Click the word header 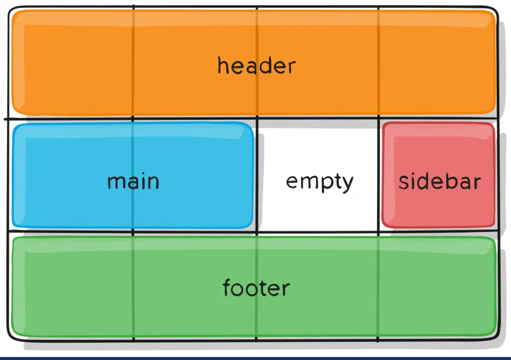pos(256,65)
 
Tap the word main pos(133,181)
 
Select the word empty pos(320,181)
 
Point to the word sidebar pos(439,181)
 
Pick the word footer pos(256,288)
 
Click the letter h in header pos(222,65)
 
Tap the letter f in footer pos(226,288)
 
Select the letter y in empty pos(348,184)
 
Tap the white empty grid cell pos(318,148)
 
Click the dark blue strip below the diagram pos(255,358)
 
